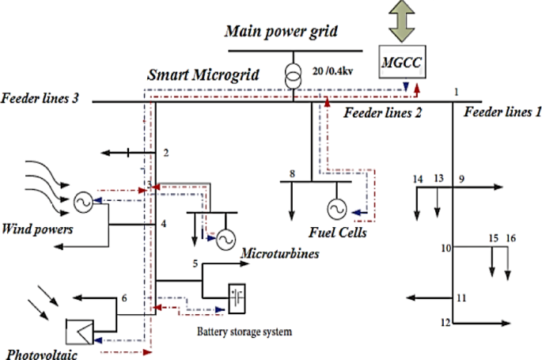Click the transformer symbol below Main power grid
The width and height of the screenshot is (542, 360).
point(294,73)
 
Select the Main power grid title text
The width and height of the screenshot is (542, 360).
point(282,31)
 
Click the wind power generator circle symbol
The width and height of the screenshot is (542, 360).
point(82,203)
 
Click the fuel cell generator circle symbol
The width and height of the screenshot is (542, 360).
point(335,209)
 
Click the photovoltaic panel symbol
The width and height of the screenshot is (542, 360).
point(79,329)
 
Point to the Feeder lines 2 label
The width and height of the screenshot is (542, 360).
point(382,113)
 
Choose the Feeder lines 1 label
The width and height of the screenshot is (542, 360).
point(502,112)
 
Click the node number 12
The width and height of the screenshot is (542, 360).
point(446,322)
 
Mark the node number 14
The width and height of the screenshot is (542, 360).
point(418,180)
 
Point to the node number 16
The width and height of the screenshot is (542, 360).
point(510,237)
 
